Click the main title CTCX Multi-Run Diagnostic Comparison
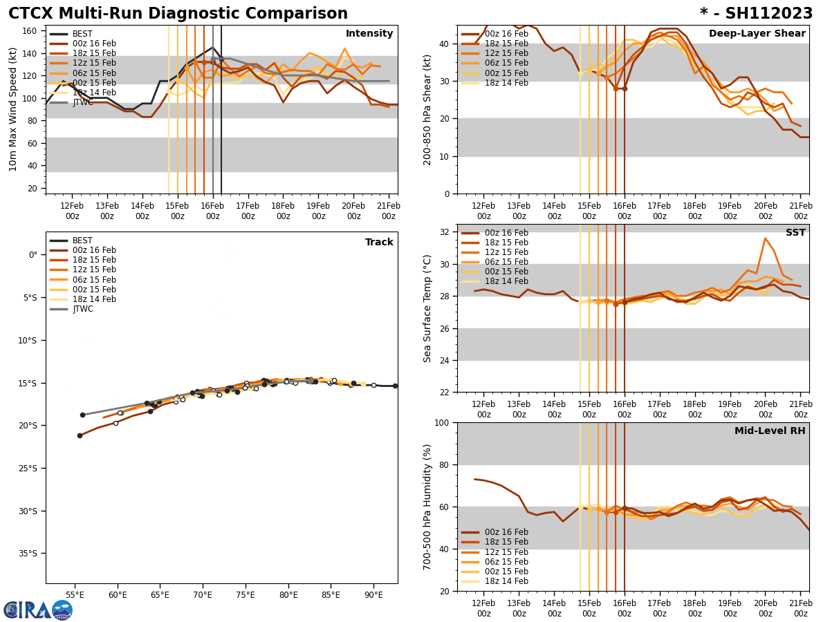click(178, 14)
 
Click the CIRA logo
click(38, 610)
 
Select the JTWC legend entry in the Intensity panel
click(82, 102)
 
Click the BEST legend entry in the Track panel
click(82, 241)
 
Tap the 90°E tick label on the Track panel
click(373, 595)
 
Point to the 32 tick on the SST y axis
click(446, 232)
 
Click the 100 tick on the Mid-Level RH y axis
click(443, 422)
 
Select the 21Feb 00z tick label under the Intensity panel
click(389, 211)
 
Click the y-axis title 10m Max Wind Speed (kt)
click(13, 109)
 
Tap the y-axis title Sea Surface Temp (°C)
click(427, 308)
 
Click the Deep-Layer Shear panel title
click(757, 34)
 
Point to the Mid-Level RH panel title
click(769, 431)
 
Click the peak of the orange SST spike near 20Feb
click(765, 238)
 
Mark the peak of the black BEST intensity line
click(212, 48)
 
